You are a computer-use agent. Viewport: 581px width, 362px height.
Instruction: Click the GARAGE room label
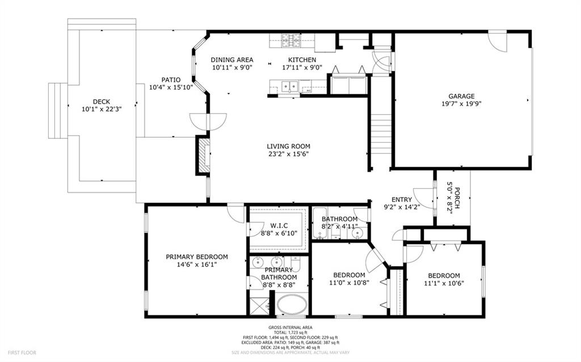tap(461, 96)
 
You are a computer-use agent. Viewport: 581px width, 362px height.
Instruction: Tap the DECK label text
tap(102, 102)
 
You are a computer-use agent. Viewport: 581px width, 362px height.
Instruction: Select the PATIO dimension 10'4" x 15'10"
tap(171, 87)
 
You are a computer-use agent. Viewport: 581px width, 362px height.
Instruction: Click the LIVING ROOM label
tap(288, 146)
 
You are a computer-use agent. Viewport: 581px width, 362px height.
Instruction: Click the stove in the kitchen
tap(291, 41)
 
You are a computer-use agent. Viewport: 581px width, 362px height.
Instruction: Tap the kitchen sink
tap(289, 87)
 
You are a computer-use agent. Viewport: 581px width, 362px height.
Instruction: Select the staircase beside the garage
tap(381, 134)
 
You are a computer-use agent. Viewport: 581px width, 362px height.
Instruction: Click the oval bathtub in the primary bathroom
tap(292, 305)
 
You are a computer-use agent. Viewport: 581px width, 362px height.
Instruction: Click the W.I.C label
tap(279, 225)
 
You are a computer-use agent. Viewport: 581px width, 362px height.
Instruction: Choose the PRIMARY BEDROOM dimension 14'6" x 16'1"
tap(197, 265)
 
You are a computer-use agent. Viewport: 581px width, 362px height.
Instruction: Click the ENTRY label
tap(402, 199)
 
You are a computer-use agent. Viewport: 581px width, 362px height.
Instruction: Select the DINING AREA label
tap(232, 59)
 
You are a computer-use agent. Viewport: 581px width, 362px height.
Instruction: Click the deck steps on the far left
tap(58, 110)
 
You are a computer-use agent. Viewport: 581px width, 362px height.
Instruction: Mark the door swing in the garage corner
tap(497, 42)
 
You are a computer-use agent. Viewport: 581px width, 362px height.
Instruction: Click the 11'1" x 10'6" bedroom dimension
tap(444, 283)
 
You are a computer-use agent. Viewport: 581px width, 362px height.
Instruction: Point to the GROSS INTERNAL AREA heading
tap(290, 327)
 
